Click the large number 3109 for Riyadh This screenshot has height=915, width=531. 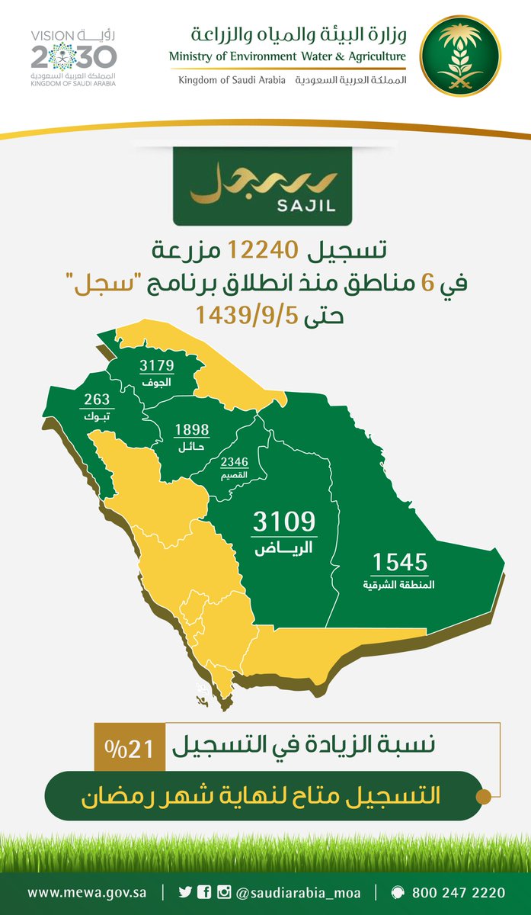tap(283, 522)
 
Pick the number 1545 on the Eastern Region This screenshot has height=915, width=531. tap(400, 563)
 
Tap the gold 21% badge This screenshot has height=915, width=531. tap(130, 749)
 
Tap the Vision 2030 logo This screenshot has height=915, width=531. tap(74, 56)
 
